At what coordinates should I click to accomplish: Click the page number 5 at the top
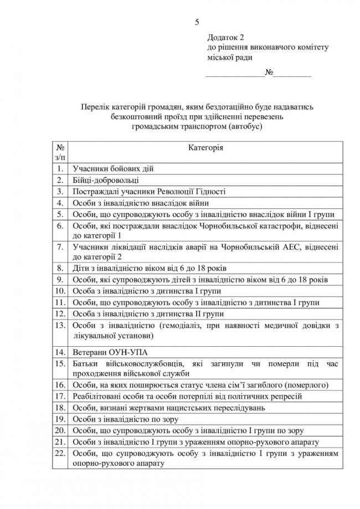tap(196, 22)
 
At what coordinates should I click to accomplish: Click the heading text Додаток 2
tap(225, 37)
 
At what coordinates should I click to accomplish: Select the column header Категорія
tap(206, 148)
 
